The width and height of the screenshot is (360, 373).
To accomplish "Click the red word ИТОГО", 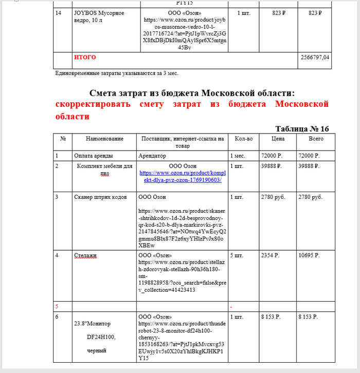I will point(85,57).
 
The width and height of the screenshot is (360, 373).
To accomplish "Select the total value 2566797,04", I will point(314,57).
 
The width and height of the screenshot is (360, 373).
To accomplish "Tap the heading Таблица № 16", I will point(302,128).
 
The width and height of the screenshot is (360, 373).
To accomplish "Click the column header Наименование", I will point(104,139).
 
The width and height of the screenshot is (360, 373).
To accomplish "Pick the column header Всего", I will point(315,139).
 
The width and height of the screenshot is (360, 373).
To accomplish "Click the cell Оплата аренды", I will point(94,155).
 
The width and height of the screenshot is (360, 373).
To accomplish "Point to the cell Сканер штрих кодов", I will point(100,197).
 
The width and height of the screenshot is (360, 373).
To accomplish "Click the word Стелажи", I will point(85,255).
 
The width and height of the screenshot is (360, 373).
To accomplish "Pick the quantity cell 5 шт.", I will point(238,255).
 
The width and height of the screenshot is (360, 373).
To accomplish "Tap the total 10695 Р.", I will point(309,255).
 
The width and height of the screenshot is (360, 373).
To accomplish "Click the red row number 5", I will point(57,306).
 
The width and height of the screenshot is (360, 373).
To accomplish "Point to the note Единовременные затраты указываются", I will point(117,73).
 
